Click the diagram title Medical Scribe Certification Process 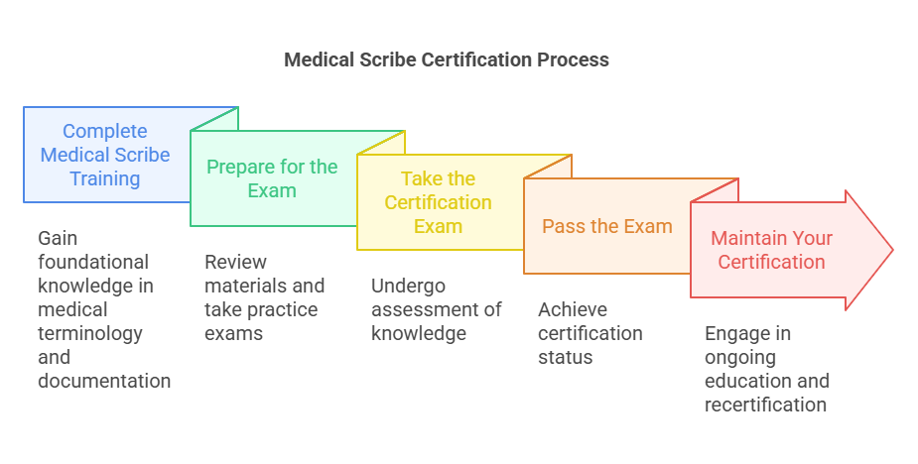point(447,59)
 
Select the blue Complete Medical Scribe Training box point(105,155)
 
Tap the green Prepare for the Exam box point(272,178)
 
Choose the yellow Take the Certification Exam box point(438,202)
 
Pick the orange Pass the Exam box point(606,226)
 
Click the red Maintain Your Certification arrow point(772,250)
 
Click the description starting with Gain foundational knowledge point(104,309)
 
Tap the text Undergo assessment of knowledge point(437,309)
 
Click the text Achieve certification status point(590,333)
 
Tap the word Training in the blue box point(104,178)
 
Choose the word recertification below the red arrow point(765,405)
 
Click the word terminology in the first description point(90,333)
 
